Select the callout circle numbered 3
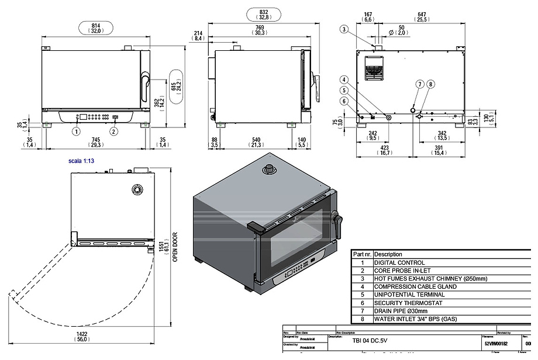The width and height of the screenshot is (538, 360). [x=344, y=29]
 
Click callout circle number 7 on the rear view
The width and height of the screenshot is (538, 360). [x=419, y=84]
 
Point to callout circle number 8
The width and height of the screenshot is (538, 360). [x=431, y=84]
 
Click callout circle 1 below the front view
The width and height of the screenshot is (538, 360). [x=76, y=131]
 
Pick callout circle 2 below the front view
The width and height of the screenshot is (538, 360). [x=114, y=131]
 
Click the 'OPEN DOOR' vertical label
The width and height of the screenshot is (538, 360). [x=175, y=248]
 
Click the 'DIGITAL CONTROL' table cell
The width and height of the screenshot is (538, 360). [x=399, y=263]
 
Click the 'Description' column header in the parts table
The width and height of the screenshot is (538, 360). [x=388, y=254]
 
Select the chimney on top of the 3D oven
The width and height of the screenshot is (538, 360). [x=270, y=168]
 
